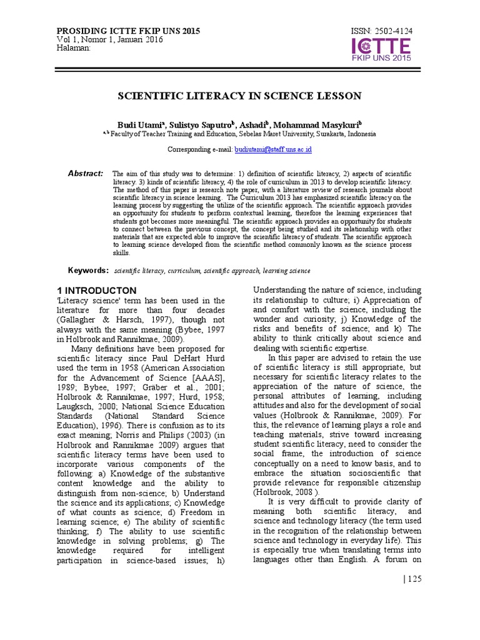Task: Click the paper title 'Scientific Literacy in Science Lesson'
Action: [240, 96]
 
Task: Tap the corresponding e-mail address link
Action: [273, 150]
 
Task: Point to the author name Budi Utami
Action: [138, 125]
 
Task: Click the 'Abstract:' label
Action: [86, 173]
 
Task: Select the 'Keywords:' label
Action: [88, 271]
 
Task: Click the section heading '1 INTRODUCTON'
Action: [96, 291]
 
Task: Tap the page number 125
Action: [414, 579]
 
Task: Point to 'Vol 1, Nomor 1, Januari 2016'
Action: [110, 39]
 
